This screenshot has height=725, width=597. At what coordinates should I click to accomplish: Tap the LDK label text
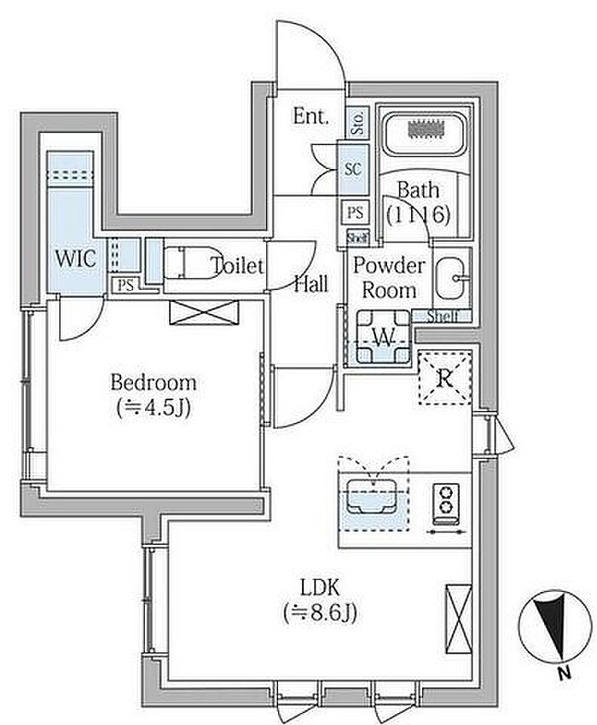tap(320, 587)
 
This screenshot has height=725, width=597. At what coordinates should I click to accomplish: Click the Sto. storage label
tap(357, 122)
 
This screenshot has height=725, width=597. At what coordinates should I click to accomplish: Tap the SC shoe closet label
tap(352, 169)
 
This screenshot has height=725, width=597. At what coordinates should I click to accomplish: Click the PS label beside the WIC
tap(125, 286)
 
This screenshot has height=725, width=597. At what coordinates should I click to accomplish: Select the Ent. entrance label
tap(310, 117)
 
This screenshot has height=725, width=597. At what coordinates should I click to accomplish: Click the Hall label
tap(311, 285)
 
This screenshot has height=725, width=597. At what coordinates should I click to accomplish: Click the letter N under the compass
tap(563, 674)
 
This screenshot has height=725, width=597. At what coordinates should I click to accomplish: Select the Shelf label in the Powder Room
tap(443, 316)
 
